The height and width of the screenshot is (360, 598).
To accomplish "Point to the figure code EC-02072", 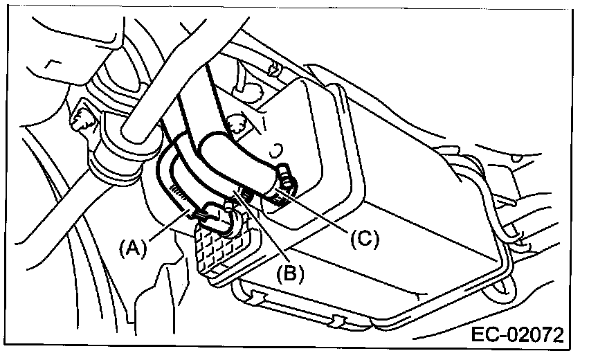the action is (518, 337).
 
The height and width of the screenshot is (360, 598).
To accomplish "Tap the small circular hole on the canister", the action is (275, 147).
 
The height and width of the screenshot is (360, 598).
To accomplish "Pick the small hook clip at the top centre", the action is (274, 69).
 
